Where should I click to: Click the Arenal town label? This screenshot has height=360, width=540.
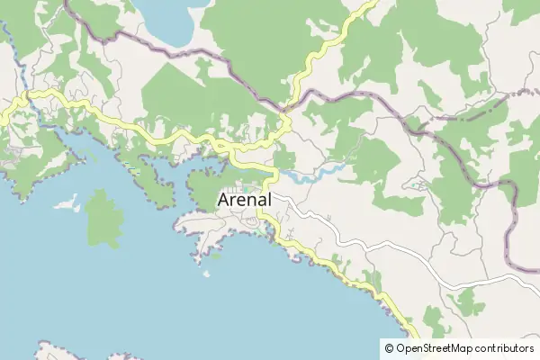pos(245,200)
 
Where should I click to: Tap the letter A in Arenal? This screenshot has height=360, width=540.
pos(225,200)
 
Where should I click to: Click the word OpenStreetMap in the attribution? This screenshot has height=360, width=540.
pos(437,348)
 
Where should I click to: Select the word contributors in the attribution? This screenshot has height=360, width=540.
pos(507,348)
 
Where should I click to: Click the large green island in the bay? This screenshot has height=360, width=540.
pos(104,218)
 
